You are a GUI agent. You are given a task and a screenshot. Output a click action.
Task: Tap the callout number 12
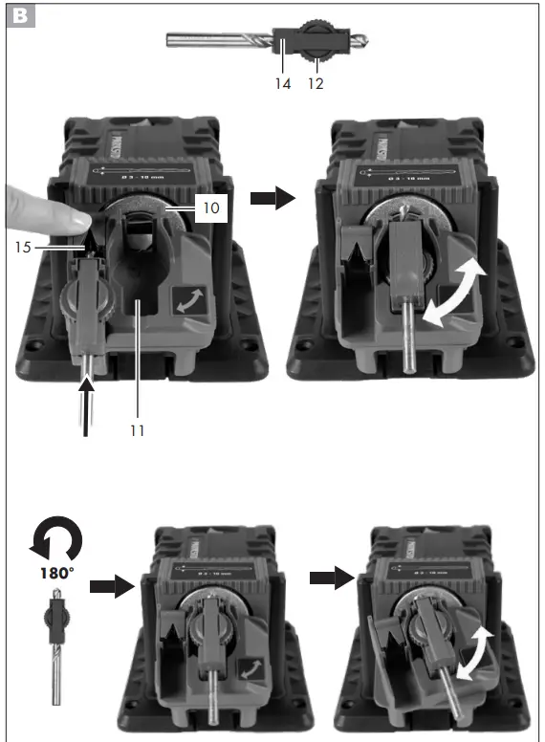[x=316, y=83]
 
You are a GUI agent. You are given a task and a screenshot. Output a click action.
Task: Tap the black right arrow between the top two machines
[x=272, y=198]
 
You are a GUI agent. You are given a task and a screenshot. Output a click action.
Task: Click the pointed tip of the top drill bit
[x=366, y=43]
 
